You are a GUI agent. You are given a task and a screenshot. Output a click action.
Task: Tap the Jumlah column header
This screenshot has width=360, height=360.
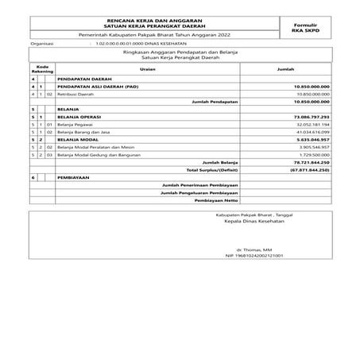(x=285, y=70)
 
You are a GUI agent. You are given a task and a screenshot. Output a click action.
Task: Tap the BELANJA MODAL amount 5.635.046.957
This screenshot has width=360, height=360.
(x=310, y=140)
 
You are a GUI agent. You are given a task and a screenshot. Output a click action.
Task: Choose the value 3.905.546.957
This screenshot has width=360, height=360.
(x=311, y=147)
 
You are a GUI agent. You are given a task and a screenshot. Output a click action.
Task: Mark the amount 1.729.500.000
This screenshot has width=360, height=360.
(x=311, y=154)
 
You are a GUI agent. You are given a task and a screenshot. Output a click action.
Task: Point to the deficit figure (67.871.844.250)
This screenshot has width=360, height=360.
(x=306, y=169)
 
